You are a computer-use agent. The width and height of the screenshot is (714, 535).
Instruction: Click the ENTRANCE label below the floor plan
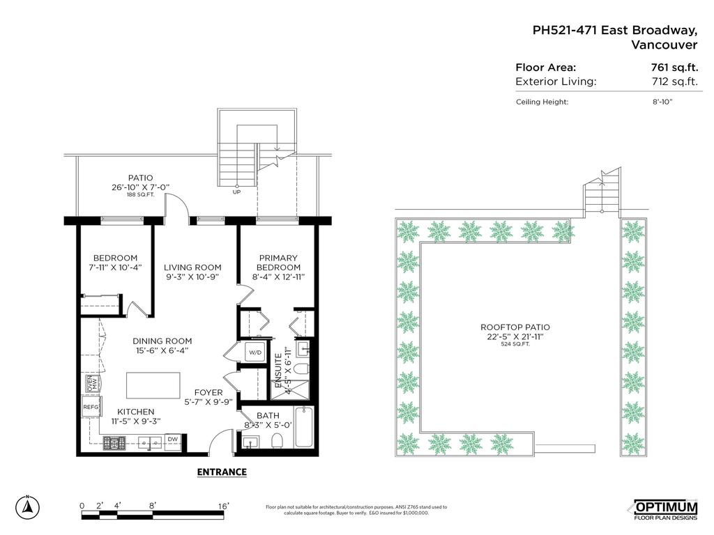coord(222,472)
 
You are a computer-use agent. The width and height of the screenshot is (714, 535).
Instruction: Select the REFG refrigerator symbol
coord(91,408)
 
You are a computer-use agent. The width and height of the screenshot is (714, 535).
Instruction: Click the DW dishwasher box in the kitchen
coord(172,440)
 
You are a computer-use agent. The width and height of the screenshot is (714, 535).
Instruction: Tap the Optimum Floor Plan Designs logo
coord(664,509)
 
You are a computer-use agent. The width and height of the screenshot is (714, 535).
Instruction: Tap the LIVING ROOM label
coord(192,267)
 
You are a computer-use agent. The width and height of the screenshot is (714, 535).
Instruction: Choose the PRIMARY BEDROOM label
coord(278,263)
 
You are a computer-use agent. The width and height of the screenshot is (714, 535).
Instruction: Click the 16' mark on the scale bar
coord(223,505)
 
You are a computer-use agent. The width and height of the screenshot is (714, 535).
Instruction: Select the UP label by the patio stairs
coord(236,192)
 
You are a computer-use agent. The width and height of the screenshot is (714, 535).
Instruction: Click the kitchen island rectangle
coord(153,385)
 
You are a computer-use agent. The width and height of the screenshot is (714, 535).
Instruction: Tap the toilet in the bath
coord(276,440)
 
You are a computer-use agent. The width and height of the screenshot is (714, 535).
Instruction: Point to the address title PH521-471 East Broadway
coord(614,30)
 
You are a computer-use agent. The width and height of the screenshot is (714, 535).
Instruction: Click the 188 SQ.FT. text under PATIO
coord(139,195)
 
